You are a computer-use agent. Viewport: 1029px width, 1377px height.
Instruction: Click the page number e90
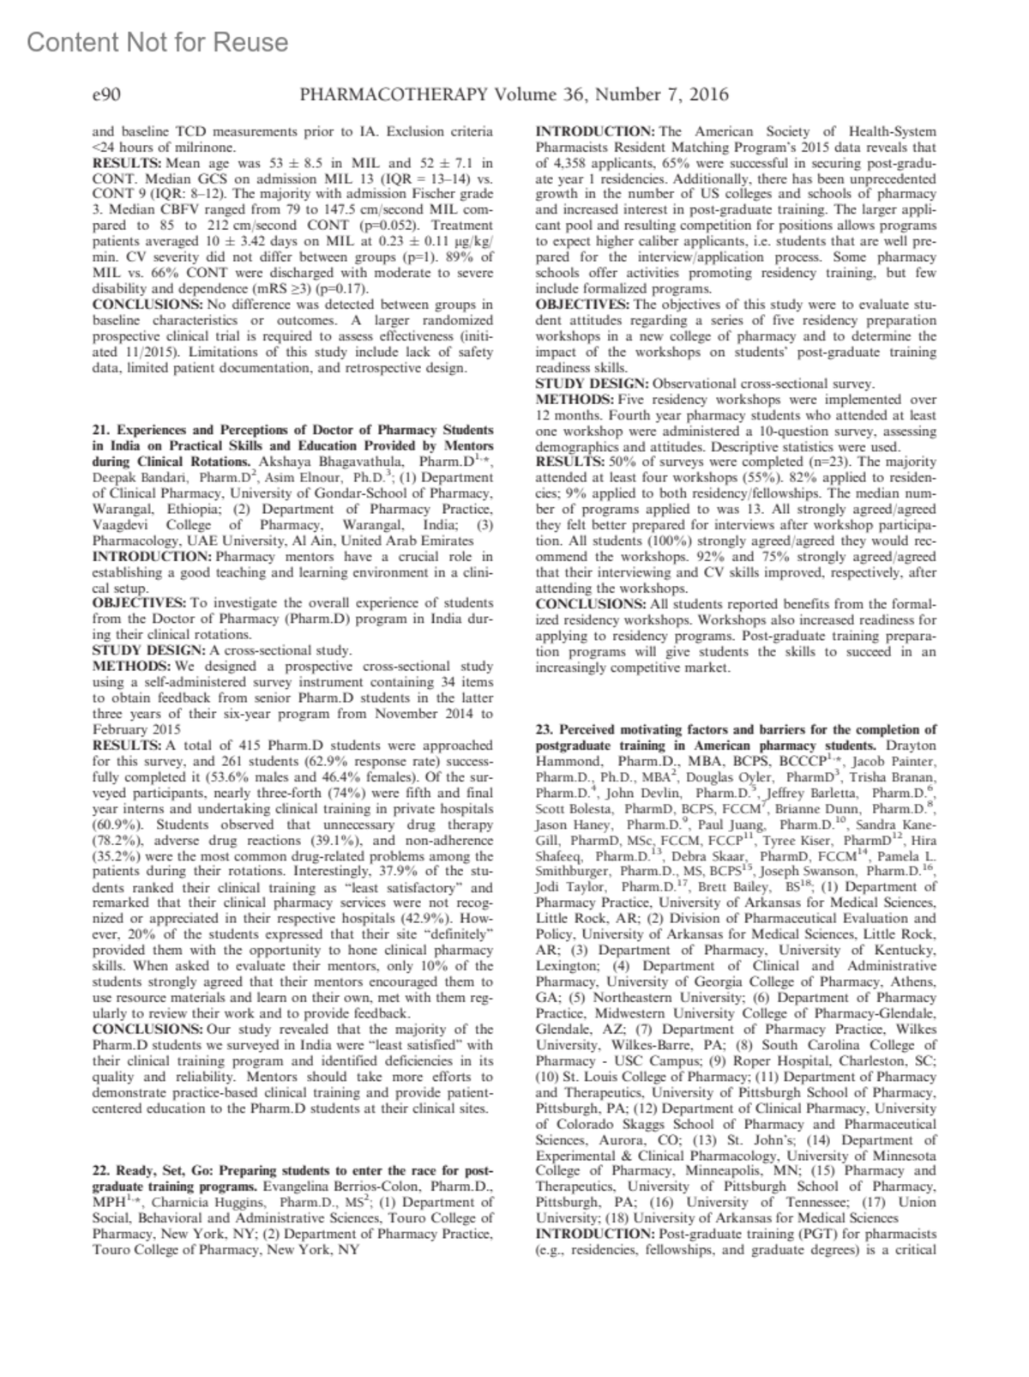click(105, 95)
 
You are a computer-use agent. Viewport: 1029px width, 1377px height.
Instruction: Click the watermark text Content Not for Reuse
click(158, 42)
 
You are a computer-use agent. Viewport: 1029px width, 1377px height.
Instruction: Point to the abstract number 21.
click(99, 429)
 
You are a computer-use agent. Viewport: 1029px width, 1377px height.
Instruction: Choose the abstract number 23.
click(543, 729)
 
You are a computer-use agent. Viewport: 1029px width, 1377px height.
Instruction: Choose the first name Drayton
click(912, 746)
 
